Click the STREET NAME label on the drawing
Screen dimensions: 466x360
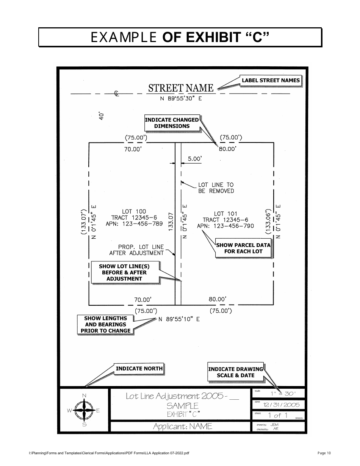181,88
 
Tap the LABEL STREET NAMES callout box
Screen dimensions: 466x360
271,80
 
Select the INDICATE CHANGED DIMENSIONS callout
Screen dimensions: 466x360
172,123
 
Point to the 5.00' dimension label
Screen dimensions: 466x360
194,159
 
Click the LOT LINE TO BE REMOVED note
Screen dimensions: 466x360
216,188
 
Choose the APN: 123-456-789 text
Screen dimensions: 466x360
134,224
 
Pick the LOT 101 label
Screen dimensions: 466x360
225,214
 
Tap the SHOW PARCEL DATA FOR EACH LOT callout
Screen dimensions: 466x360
243,248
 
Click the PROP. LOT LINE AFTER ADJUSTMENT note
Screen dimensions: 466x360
137,250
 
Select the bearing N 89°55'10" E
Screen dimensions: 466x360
179,319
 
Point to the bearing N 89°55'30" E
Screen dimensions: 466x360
181,99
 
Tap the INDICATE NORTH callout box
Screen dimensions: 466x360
139,368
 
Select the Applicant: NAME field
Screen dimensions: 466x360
182,427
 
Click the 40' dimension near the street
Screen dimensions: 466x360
101,116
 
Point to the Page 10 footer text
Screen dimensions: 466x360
324,453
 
